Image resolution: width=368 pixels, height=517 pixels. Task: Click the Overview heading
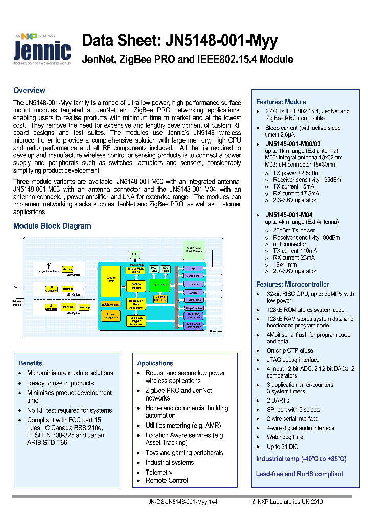(x=29, y=90)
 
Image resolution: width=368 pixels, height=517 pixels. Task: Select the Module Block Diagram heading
(x=52, y=226)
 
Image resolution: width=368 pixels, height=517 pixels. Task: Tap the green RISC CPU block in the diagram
(x=160, y=284)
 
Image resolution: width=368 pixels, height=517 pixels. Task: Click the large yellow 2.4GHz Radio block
(x=110, y=280)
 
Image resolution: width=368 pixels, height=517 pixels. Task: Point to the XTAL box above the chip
(x=134, y=254)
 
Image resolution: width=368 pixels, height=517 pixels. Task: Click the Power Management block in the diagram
(x=110, y=316)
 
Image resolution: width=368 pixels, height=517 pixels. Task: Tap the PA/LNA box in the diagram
(x=68, y=307)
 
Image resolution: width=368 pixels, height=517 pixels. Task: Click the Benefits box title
(x=30, y=363)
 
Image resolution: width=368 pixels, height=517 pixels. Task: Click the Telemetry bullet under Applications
(x=159, y=472)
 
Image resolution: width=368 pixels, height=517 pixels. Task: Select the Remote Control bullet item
(x=167, y=480)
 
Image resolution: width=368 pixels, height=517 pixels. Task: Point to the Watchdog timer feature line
(x=286, y=437)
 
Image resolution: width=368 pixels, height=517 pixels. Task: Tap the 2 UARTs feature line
(x=278, y=401)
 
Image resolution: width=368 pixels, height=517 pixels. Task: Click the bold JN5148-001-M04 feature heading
(x=288, y=215)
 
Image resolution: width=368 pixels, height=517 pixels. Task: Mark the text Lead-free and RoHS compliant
(x=300, y=474)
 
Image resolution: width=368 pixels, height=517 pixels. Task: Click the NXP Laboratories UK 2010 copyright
(x=287, y=502)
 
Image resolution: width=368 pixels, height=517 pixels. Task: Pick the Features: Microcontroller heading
(x=292, y=284)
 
